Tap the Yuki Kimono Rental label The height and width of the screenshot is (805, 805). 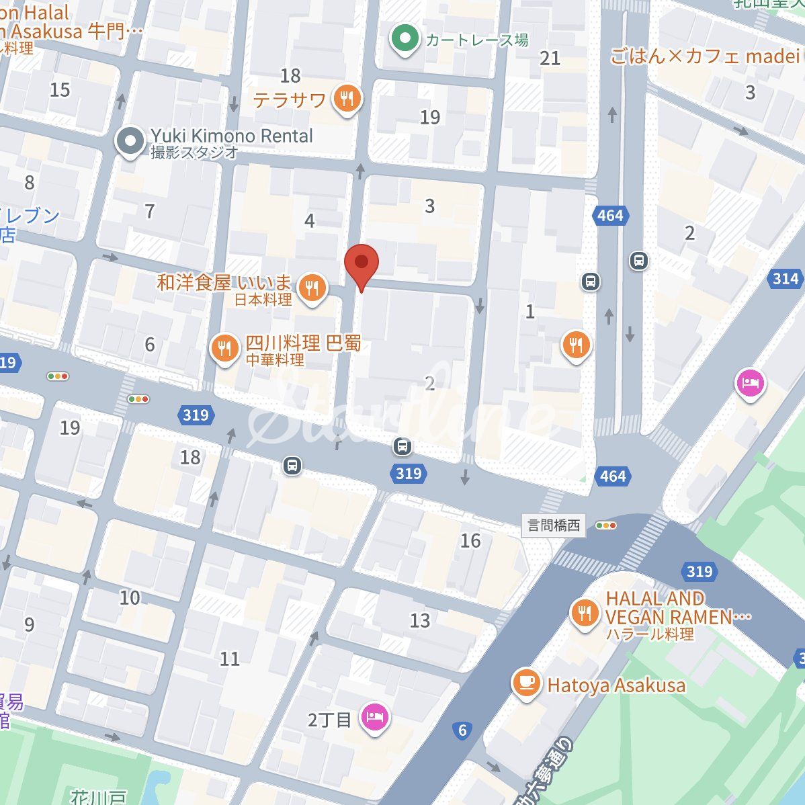[x=231, y=136]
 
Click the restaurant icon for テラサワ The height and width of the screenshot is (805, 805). [x=347, y=99]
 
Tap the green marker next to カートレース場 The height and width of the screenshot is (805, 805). [x=404, y=39]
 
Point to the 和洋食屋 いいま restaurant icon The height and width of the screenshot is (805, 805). [x=312, y=289]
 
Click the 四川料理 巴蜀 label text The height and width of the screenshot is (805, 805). [x=303, y=343]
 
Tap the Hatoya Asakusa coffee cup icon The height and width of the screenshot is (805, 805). [x=526, y=683]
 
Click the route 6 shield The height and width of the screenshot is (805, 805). [x=462, y=730]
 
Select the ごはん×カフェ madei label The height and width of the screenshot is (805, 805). [x=704, y=56]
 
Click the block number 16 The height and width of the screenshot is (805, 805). [x=470, y=540]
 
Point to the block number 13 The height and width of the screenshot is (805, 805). [x=420, y=620]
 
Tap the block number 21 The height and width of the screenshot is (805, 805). [x=550, y=58]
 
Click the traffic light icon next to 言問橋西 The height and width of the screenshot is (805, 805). [x=606, y=525]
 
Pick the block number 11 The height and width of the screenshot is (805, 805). [x=230, y=659]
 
